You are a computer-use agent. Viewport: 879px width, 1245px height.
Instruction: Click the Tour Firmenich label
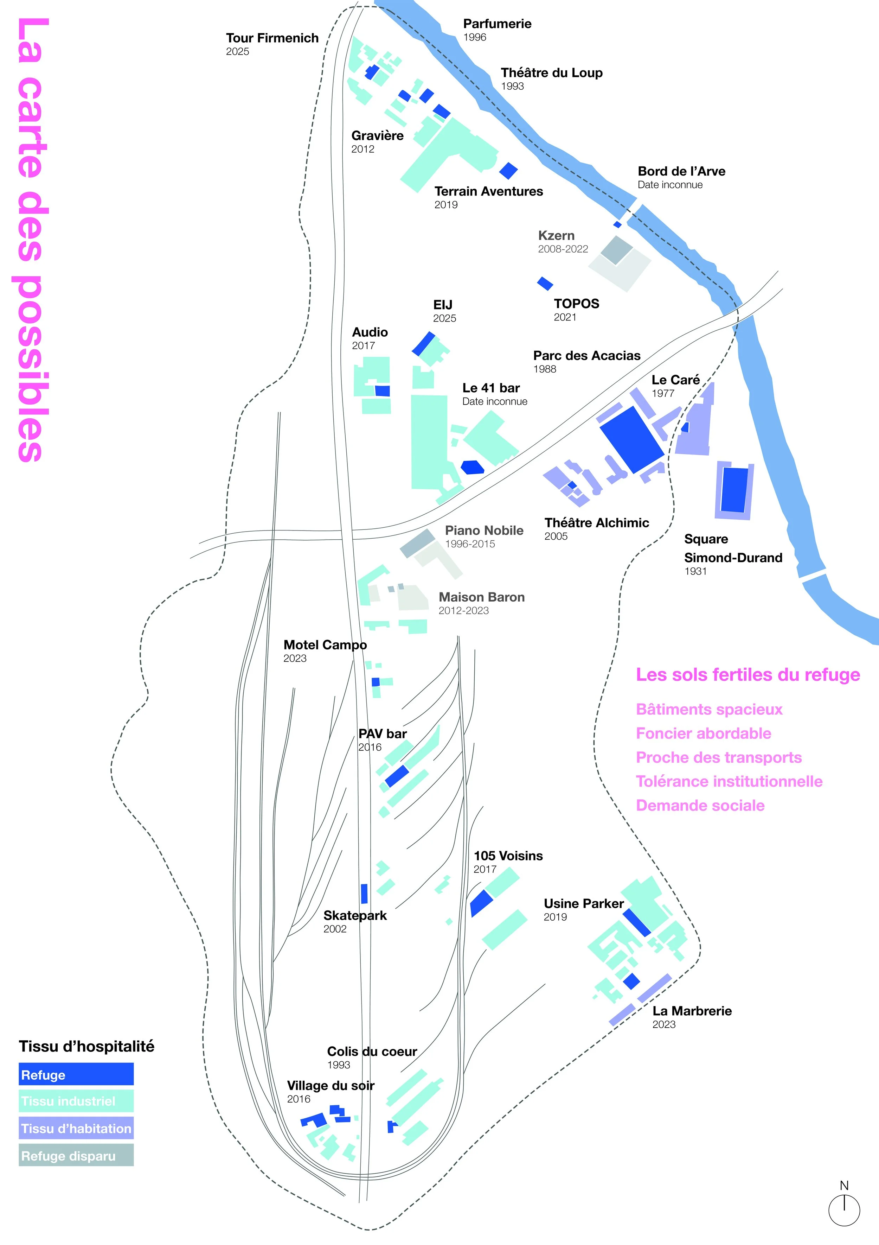(x=272, y=38)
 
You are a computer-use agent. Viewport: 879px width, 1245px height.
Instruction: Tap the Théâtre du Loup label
(x=551, y=73)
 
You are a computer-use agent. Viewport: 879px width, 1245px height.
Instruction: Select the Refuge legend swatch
(x=76, y=1074)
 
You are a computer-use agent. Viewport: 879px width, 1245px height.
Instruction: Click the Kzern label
(x=556, y=236)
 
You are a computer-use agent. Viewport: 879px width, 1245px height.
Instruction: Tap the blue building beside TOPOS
(x=545, y=283)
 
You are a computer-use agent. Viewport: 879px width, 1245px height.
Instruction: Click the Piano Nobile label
(x=484, y=530)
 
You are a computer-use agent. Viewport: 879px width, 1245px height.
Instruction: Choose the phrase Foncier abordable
(x=703, y=733)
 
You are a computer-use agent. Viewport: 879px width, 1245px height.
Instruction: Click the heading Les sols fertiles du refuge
(x=747, y=674)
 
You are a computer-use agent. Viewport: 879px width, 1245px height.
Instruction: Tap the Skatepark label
(x=355, y=915)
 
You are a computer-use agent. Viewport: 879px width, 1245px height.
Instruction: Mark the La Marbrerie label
(x=692, y=1011)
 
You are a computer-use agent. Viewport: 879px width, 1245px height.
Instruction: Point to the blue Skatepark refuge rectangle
(x=364, y=894)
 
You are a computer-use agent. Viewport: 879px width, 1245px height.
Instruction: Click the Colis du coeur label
(x=372, y=1052)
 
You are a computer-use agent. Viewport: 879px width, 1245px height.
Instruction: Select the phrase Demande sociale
(x=700, y=805)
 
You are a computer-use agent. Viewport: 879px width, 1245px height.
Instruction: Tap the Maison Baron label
(x=481, y=597)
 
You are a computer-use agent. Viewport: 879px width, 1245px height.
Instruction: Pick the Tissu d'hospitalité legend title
(x=87, y=1046)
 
